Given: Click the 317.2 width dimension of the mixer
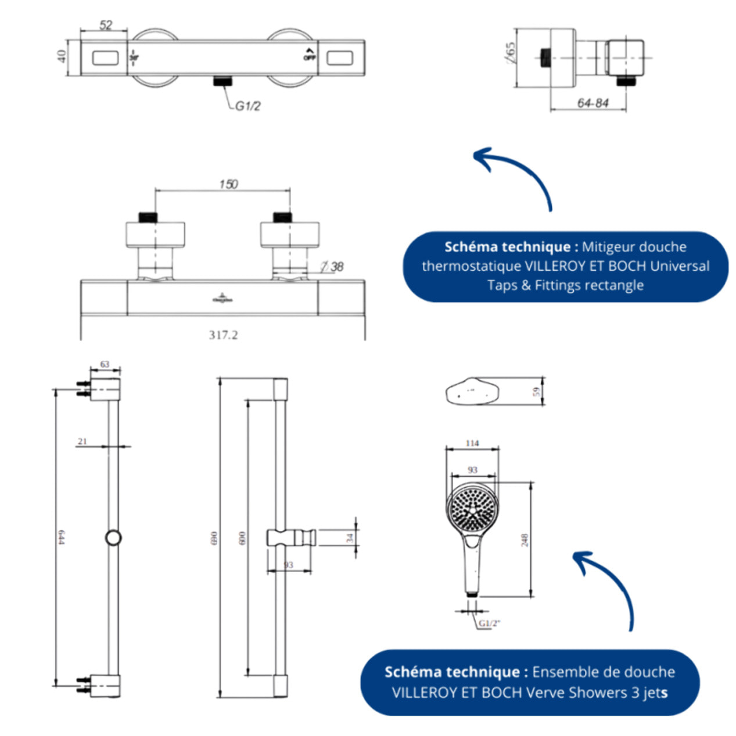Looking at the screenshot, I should tap(223, 335).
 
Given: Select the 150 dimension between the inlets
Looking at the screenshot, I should tap(228, 184).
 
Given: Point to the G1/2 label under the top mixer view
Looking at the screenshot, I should tap(247, 106).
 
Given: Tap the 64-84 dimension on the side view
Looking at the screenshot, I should tap(593, 103).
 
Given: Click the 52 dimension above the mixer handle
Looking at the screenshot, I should tap(106, 25).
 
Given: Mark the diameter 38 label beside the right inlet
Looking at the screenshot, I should tap(333, 267).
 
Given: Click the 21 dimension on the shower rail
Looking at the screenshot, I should tap(82, 441).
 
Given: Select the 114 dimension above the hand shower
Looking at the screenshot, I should tap(472, 443).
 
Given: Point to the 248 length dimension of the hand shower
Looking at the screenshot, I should tap(524, 540).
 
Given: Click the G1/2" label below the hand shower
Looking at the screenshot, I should tap(489, 623).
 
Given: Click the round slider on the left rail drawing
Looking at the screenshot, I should tap(113, 537).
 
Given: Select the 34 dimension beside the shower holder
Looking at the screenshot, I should tap(350, 538).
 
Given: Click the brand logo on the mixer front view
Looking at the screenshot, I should tap(222, 299).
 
